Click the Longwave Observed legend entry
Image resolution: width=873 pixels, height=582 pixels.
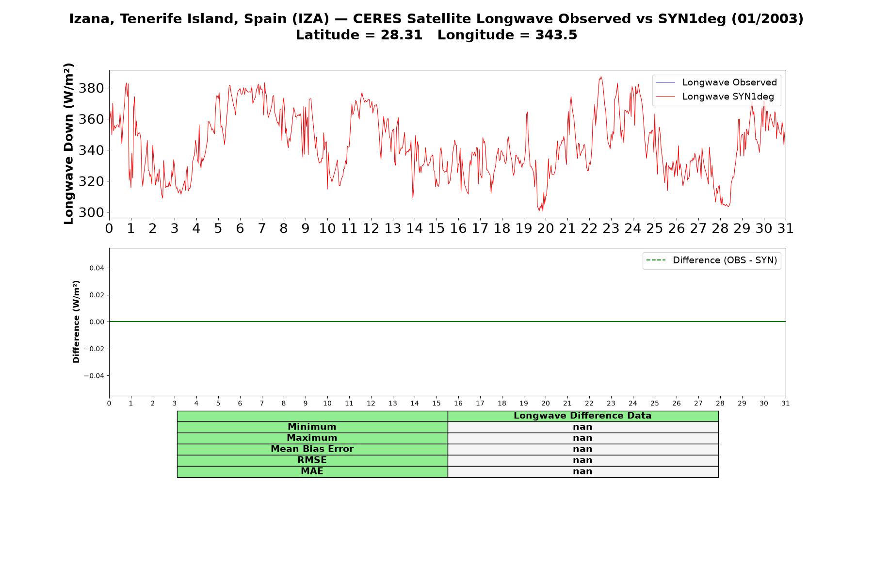coord(716,82)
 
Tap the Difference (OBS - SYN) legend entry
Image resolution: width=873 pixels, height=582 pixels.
coord(711,260)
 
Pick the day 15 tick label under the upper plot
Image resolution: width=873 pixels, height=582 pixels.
coord(436,228)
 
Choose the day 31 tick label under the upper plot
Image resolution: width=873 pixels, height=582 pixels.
coord(786,228)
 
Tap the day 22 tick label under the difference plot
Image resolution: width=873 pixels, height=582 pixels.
coord(589,403)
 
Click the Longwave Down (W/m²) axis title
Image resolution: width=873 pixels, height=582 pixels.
coord(69,144)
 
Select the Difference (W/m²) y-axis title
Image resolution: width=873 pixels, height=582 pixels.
coord(76,322)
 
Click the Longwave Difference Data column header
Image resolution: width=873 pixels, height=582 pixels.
coord(582,416)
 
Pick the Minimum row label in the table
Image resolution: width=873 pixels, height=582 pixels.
coord(312,427)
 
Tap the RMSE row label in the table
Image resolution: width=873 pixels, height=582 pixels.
coord(312,460)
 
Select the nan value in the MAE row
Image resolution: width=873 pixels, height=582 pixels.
coord(582,471)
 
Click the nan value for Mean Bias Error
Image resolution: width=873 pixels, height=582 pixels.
coord(582,449)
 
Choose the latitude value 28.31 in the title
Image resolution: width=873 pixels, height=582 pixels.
coord(402,35)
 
